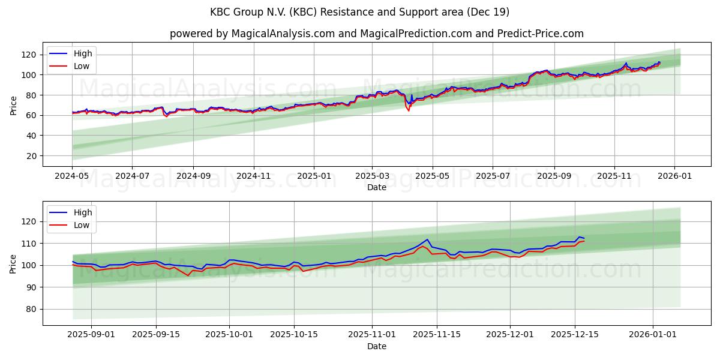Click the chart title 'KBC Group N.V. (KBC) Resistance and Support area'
point(360,12)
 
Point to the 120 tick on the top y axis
point(30,55)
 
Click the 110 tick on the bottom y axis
point(30,244)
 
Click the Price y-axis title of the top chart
point(13,105)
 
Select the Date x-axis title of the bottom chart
point(377,347)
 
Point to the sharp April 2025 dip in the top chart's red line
point(409,110)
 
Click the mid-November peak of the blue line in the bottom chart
point(427,239)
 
